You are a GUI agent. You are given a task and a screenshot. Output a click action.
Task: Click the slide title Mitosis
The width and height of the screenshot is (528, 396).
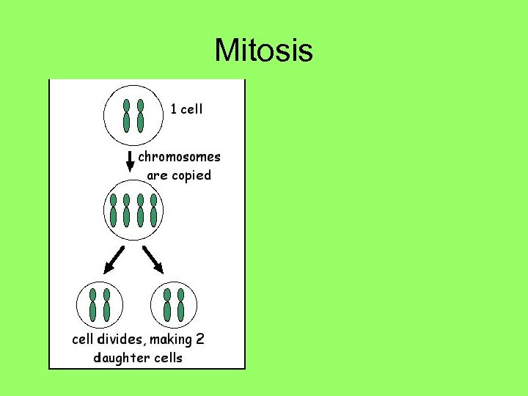coord(263,51)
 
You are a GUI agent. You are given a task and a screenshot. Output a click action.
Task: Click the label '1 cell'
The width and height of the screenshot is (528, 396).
coord(186,109)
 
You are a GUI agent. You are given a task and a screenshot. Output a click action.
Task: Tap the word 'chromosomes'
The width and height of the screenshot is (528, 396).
coord(179,156)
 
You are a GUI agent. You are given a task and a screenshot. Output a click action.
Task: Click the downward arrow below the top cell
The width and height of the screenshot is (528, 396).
coord(131,161)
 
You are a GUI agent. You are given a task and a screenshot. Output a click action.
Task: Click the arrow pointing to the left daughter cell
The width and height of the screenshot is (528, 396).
coord(114,260)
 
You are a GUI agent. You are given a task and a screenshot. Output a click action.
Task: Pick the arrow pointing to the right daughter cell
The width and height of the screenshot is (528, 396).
coord(153,258)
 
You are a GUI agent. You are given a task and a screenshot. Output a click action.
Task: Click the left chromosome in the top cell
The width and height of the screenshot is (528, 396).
coord(126,116)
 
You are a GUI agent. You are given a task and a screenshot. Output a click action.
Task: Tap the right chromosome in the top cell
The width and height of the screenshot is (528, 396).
coord(140,116)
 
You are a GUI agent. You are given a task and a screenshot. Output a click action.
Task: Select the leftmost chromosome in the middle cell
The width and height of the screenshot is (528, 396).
coord(113,210)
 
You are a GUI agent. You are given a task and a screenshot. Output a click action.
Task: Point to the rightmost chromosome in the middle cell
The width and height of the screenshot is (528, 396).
coord(153,210)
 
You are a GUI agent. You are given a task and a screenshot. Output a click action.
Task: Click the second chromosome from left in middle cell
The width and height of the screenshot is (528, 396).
coord(126,210)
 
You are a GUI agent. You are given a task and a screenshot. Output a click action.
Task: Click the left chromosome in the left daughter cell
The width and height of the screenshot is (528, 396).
coord(93,305)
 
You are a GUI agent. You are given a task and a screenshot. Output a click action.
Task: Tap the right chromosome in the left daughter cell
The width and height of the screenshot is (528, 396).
coord(107,305)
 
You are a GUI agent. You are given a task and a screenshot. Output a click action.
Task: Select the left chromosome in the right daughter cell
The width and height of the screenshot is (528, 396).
coord(167,305)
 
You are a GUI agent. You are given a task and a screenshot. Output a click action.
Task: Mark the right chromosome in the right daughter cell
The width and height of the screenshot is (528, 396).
coord(180,305)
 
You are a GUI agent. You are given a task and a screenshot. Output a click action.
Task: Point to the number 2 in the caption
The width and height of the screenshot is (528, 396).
coord(200,340)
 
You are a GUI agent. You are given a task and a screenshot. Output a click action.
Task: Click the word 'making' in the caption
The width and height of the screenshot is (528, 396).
coord(172,340)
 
